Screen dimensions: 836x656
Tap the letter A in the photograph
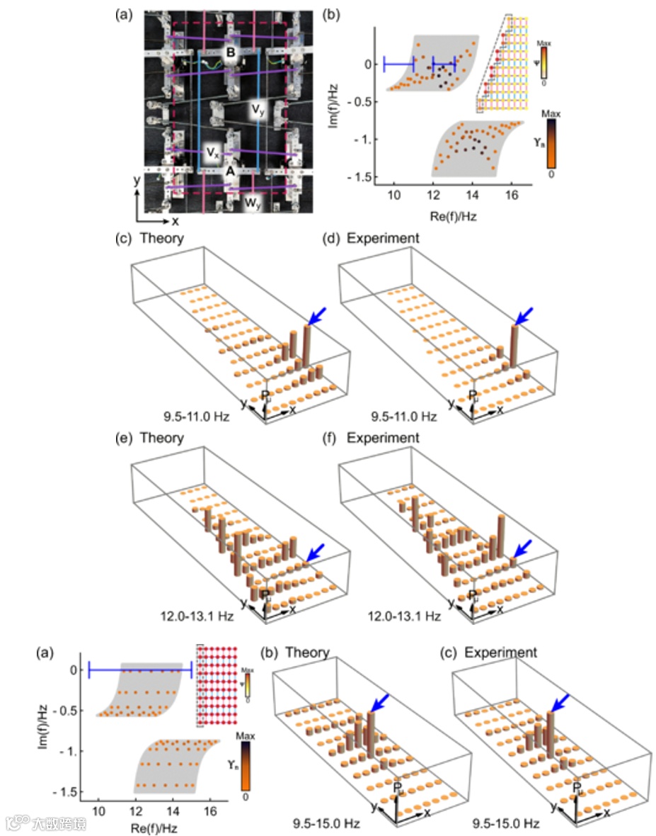(x=229, y=171)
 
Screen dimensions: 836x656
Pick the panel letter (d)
(x=328, y=238)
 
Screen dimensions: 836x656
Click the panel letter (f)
(x=328, y=438)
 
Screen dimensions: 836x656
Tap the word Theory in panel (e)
(x=162, y=438)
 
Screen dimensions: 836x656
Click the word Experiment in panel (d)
(x=383, y=238)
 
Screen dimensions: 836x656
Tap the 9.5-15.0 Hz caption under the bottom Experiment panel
(x=506, y=823)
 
